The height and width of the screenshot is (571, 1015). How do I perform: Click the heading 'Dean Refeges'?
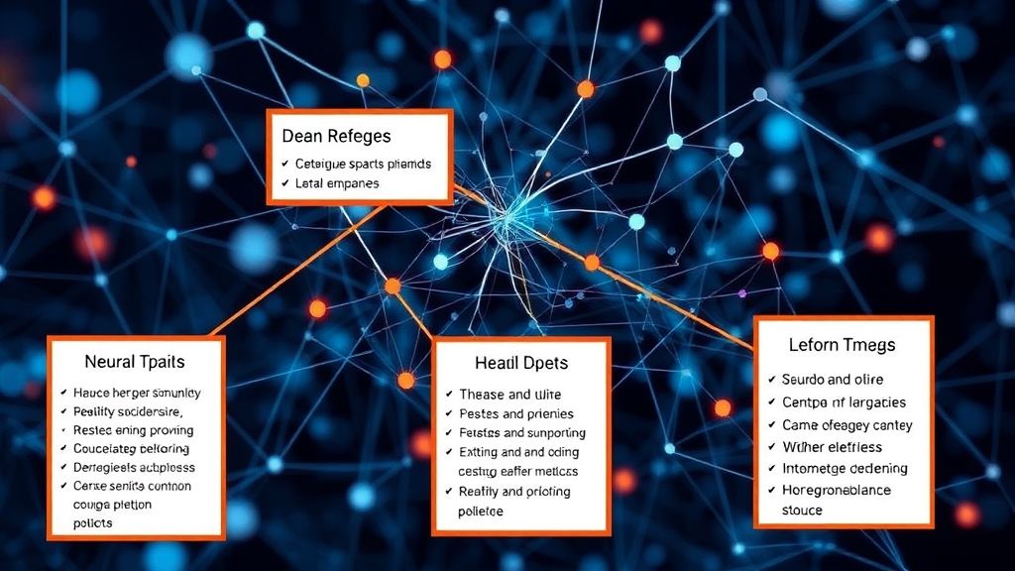click(336, 136)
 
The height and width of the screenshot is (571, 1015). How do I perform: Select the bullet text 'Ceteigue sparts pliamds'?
click(363, 164)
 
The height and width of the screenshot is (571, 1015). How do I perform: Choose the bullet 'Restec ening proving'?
click(134, 430)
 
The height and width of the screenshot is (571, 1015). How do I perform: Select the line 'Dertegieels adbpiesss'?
click(135, 467)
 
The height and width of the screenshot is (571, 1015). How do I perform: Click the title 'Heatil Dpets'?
click(520, 364)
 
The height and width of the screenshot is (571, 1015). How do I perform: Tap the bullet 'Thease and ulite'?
click(510, 395)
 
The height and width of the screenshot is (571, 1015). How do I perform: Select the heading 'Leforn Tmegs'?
click(842, 345)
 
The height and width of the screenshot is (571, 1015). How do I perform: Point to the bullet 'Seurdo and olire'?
click(833, 380)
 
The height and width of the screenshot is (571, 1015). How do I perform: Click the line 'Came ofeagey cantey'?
click(847, 425)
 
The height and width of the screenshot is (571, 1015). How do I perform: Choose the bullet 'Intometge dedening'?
click(845, 468)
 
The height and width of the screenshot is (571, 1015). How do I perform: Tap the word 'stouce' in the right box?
click(802, 510)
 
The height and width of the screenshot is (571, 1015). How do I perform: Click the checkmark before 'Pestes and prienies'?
click(450, 413)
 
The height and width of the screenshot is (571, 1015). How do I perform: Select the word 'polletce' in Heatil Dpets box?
click(481, 512)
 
